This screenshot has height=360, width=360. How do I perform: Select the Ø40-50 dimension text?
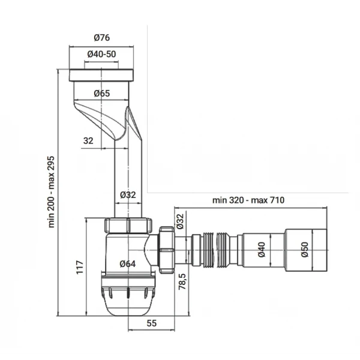(101, 55)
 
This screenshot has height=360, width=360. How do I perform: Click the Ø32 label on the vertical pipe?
(127, 194)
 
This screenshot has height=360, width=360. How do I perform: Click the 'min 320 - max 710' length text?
(248, 200)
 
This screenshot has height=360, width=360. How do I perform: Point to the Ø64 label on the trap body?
(127, 263)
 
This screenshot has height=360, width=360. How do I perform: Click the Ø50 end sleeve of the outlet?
(306, 247)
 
